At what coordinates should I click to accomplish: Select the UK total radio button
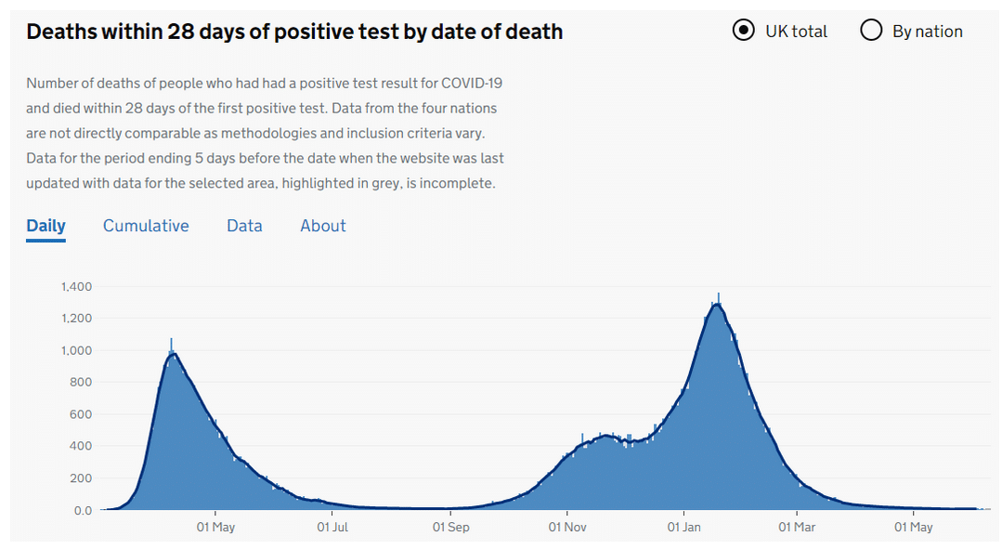click(743, 31)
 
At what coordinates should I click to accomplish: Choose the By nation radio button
click(871, 31)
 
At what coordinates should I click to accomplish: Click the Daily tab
click(46, 226)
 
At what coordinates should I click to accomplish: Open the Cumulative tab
click(146, 226)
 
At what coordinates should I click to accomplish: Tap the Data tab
click(244, 226)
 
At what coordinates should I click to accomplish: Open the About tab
click(323, 226)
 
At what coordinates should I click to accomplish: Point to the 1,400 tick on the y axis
click(76, 286)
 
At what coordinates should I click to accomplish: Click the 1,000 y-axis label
click(76, 350)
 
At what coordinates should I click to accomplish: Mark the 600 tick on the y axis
click(82, 414)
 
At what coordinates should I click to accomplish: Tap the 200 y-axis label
click(82, 478)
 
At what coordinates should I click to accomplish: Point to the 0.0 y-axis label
click(83, 510)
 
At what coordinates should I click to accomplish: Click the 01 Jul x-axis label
click(332, 528)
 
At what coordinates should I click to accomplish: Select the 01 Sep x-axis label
click(450, 528)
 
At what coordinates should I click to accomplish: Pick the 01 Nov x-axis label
click(566, 528)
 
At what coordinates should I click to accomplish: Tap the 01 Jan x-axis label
click(684, 528)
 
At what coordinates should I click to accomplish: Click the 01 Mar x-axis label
click(797, 528)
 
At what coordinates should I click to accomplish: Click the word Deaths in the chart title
click(60, 32)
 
